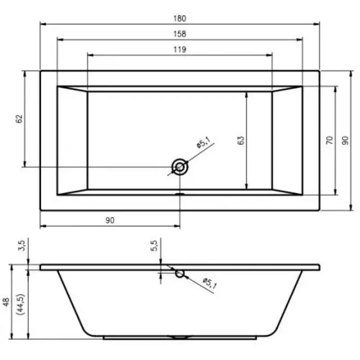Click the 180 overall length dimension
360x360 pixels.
click(180, 18)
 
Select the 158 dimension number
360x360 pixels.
click(180, 34)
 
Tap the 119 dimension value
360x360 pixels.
click(180, 49)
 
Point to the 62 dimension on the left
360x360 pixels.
click(19, 119)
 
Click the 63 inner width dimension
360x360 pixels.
click(241, 140)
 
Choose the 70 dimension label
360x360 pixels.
click(329, 140)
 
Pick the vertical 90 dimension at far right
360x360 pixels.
click(345, 140)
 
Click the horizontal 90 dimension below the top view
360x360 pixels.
click(110, 220)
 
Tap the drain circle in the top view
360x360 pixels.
click(180, 167)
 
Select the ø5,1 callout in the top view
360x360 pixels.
click(203, 143)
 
